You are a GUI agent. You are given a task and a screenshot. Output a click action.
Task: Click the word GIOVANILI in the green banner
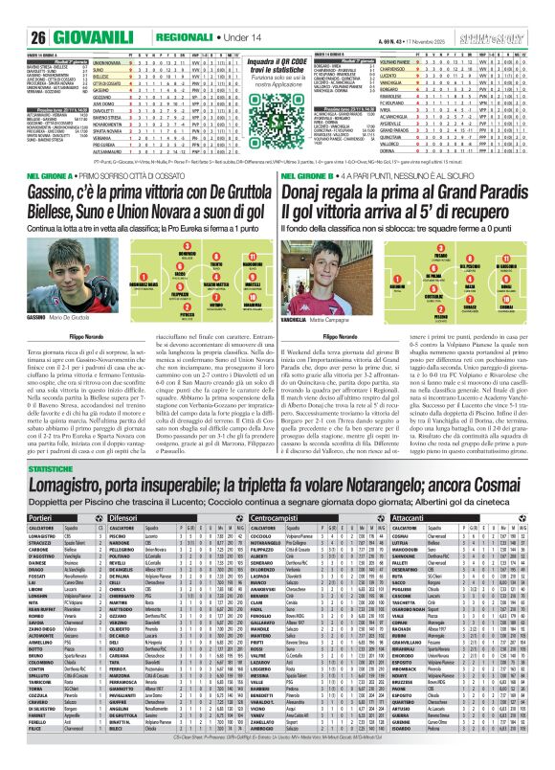73,11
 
